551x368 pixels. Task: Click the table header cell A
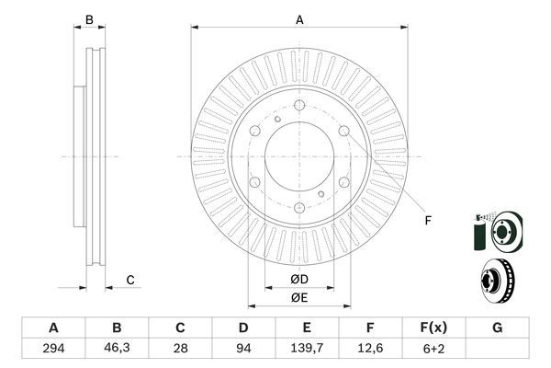53,328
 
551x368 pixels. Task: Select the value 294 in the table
53,349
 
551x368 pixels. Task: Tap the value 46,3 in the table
117,349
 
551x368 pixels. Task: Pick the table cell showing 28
180,349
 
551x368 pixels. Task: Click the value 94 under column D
243,349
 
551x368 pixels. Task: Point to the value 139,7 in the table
307,349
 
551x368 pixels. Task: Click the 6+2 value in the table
433,349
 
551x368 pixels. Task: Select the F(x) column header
433,328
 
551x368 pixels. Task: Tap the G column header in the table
497,328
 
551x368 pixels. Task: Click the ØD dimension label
299,279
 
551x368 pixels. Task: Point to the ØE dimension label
299,296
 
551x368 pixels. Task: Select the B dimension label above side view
89,19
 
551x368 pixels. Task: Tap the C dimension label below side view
130,280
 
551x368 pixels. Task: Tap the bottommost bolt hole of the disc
299,210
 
